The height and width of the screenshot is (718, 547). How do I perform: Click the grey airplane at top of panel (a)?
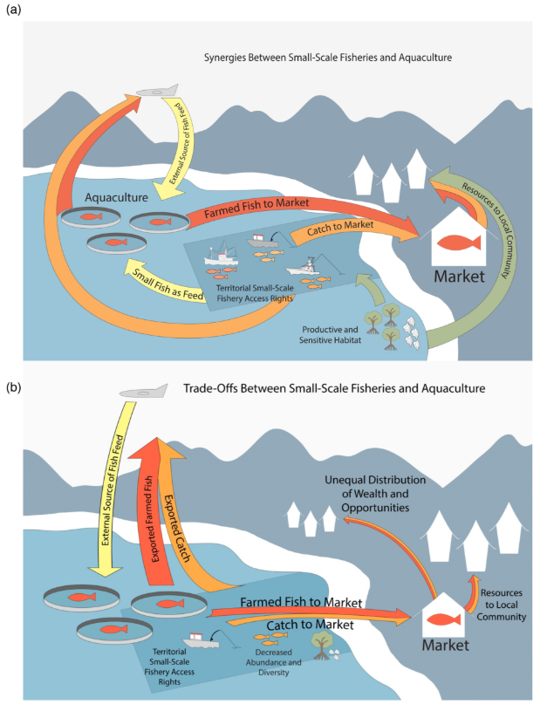tap(160, 91)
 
